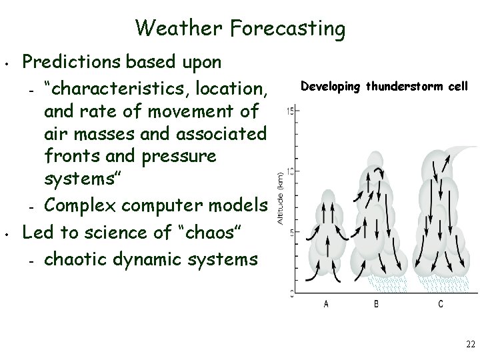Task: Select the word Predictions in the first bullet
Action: coord(70,62)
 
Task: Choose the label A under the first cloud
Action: coord(325,305)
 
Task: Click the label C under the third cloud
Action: coord(440,305)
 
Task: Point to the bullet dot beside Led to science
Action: coord(6,235)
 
